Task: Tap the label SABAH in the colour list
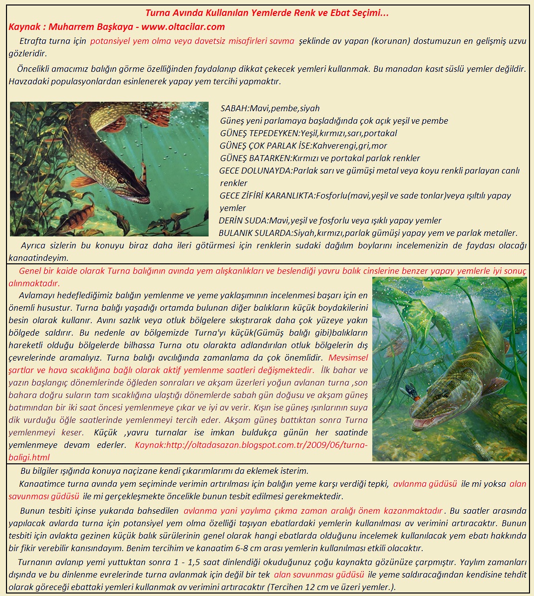(234, 108)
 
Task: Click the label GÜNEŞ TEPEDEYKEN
(259, 133)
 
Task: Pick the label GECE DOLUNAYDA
(255, 171)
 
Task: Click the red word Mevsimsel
(348, 358)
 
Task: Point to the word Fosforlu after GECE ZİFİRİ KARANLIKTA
(333, 196)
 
